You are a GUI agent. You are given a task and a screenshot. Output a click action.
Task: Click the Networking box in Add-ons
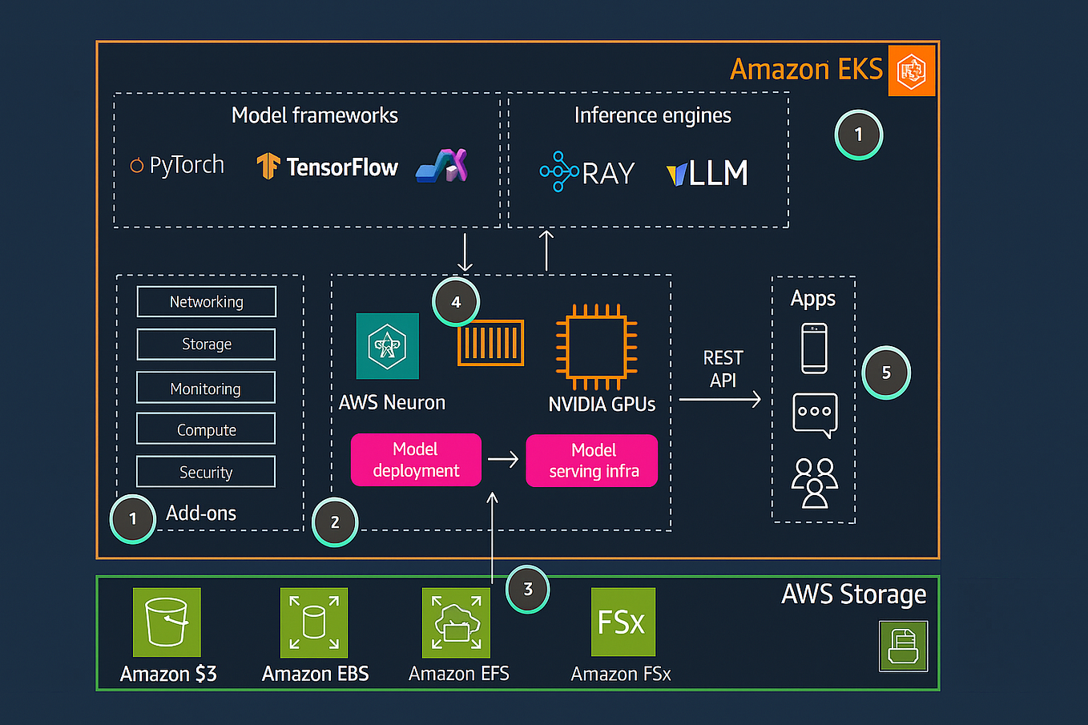[x=207, y=302]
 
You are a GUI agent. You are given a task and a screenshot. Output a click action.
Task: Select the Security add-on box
[x=206, y=472]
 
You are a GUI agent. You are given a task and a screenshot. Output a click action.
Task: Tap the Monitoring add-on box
[x=206, y=388]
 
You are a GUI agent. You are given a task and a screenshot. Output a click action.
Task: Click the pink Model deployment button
[x=416, y=460]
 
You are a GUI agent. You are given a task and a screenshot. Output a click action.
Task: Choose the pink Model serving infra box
[x=592, y=461]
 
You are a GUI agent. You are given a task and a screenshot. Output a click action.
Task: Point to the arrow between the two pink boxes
[x=503, y=460]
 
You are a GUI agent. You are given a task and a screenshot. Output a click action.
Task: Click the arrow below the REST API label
[x=719, y=399]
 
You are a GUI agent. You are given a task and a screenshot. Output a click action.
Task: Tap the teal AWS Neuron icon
[x=387, y=346]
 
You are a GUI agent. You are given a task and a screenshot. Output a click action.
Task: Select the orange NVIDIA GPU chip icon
[x=596, y=346]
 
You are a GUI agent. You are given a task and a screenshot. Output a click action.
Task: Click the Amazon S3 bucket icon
[x=167, y=622]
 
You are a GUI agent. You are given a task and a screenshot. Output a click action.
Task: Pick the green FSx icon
[x=623, y=622]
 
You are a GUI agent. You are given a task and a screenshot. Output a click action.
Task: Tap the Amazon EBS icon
[x=314, y=622]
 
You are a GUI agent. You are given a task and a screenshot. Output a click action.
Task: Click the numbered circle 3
[x=527, y=590]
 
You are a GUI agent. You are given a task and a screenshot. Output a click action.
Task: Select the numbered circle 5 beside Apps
[x=886, y=373]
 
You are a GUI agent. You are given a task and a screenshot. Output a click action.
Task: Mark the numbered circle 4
[x=456, y=302]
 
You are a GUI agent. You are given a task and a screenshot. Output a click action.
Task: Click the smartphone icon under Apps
[x=814, y=348]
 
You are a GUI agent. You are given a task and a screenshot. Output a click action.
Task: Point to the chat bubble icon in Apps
[x=815, y=414]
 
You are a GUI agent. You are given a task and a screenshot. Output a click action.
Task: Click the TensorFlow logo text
[x=341, y=167]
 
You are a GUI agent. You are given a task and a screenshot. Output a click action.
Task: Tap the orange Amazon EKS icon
[x=912, y=71]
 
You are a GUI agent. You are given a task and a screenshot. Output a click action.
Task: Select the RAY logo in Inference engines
[x=587, y=172]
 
